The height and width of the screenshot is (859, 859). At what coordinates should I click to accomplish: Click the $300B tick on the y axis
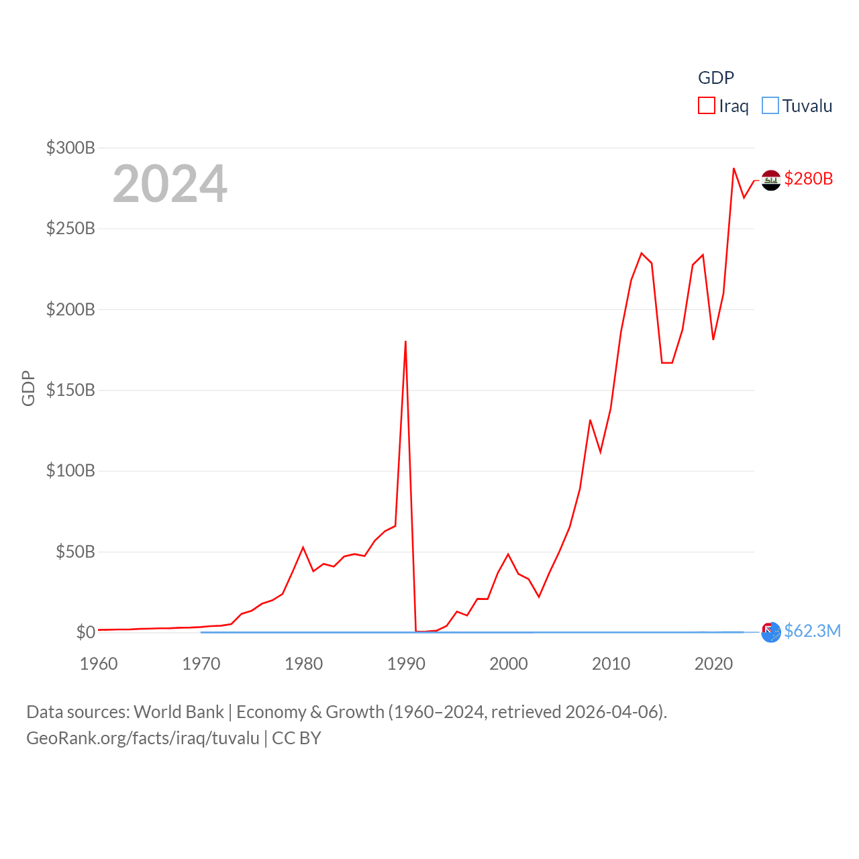[70, 148]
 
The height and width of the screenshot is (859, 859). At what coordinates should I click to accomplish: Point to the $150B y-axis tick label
[70, 390]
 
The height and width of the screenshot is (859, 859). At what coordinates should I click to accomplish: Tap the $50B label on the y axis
[75, 552]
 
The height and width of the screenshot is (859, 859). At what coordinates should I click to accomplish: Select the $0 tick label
[85, 632]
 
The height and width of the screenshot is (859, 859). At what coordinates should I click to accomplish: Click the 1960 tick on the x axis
[99, 664]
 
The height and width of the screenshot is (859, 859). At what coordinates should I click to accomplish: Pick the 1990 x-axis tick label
[406, 664]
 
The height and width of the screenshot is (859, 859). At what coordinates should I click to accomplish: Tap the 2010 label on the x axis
[611, 664]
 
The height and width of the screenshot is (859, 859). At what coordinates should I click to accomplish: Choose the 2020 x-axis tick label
[713, 664]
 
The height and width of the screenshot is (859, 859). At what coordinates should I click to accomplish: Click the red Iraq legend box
[707, 106]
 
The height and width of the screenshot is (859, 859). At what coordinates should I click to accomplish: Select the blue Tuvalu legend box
[770, 106]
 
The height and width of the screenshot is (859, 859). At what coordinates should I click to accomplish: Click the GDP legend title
[716, 78]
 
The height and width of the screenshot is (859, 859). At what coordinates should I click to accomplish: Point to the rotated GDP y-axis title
[28, 388]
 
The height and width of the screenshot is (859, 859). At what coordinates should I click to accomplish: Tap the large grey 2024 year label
[170, 184]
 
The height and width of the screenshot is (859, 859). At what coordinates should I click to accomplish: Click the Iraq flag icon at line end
[771, 180]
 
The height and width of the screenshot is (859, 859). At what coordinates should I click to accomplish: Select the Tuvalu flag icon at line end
[771, 632]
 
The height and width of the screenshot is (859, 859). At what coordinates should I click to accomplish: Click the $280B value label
[809, 179]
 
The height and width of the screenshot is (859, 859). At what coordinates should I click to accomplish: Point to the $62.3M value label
[812, 631]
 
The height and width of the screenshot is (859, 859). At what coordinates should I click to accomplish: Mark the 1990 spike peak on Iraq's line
[405, 342]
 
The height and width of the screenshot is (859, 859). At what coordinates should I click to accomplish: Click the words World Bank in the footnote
[179, 711]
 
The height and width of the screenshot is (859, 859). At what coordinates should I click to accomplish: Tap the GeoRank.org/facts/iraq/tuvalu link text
[143, 738]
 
